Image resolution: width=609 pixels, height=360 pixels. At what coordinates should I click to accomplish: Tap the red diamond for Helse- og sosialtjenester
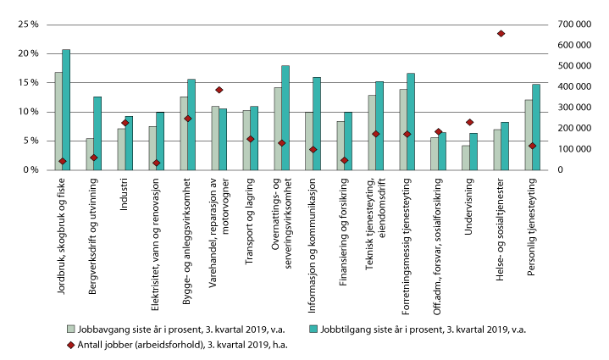point(501,34)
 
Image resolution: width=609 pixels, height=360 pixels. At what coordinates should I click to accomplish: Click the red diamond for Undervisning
point(469,123)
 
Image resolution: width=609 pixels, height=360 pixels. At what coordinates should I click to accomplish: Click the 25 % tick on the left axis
point(28,25)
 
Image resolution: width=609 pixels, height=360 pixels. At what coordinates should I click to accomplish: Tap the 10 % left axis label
point(28,112)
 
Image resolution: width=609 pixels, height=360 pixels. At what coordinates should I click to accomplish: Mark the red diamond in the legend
point(72,343)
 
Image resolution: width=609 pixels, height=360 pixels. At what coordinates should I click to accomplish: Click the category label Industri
point(125,192)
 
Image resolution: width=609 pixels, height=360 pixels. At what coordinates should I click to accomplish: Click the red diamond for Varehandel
point(219,90)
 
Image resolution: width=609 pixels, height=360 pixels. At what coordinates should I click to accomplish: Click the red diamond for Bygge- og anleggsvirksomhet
point(187,119)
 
